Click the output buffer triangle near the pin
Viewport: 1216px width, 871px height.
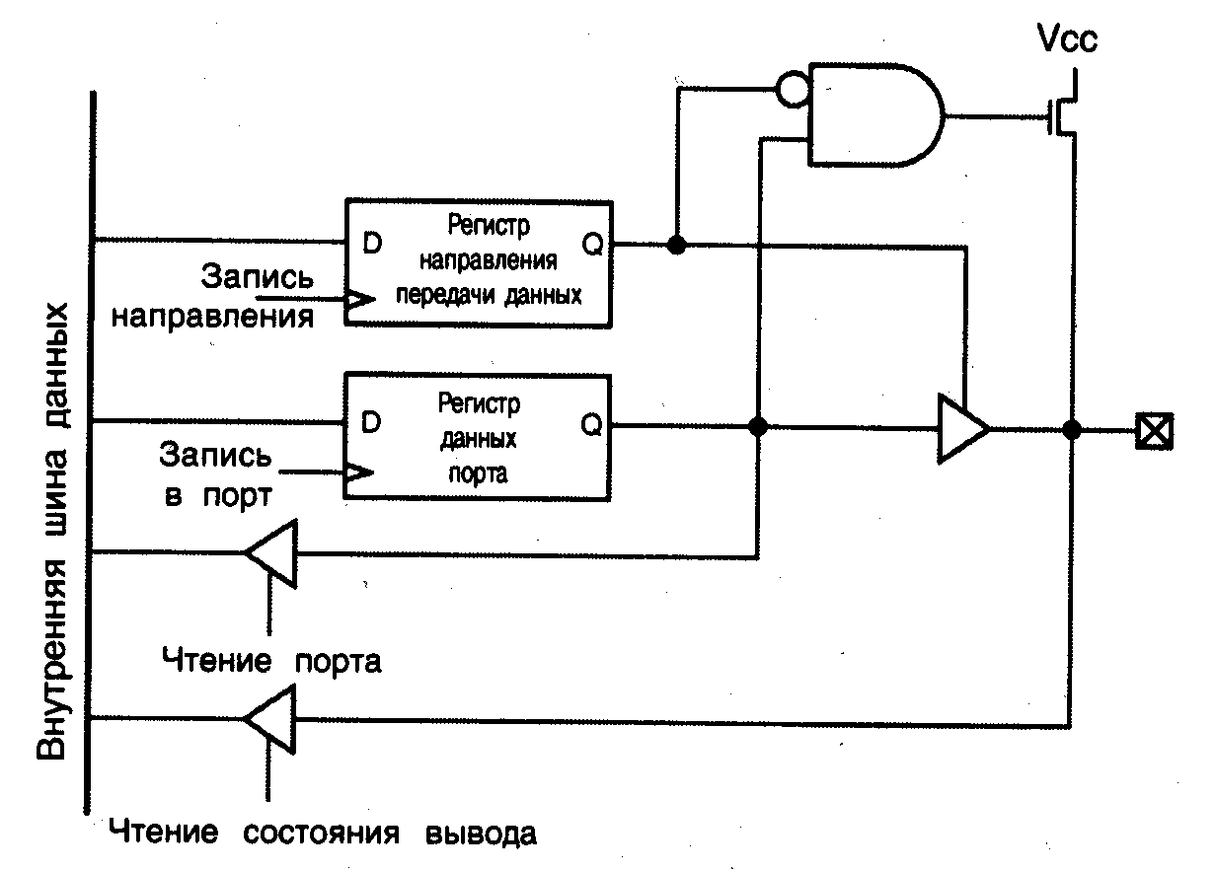point(959,429)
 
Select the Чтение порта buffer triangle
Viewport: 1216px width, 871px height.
point(271,553)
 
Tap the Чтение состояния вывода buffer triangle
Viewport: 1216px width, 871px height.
point(271,719)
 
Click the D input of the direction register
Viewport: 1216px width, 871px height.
point(372,244)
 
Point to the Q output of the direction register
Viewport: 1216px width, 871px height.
point(592,244)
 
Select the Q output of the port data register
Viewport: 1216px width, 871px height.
point(591,424)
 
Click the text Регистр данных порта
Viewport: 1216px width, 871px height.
point(478,437)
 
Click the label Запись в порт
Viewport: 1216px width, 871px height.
point(214,475)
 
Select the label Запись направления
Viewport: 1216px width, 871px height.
point(215,297)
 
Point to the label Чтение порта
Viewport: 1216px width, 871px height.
point(271,660)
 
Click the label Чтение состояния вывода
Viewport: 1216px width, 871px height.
point(324,833)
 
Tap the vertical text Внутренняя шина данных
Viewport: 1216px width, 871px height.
point(55,533)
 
